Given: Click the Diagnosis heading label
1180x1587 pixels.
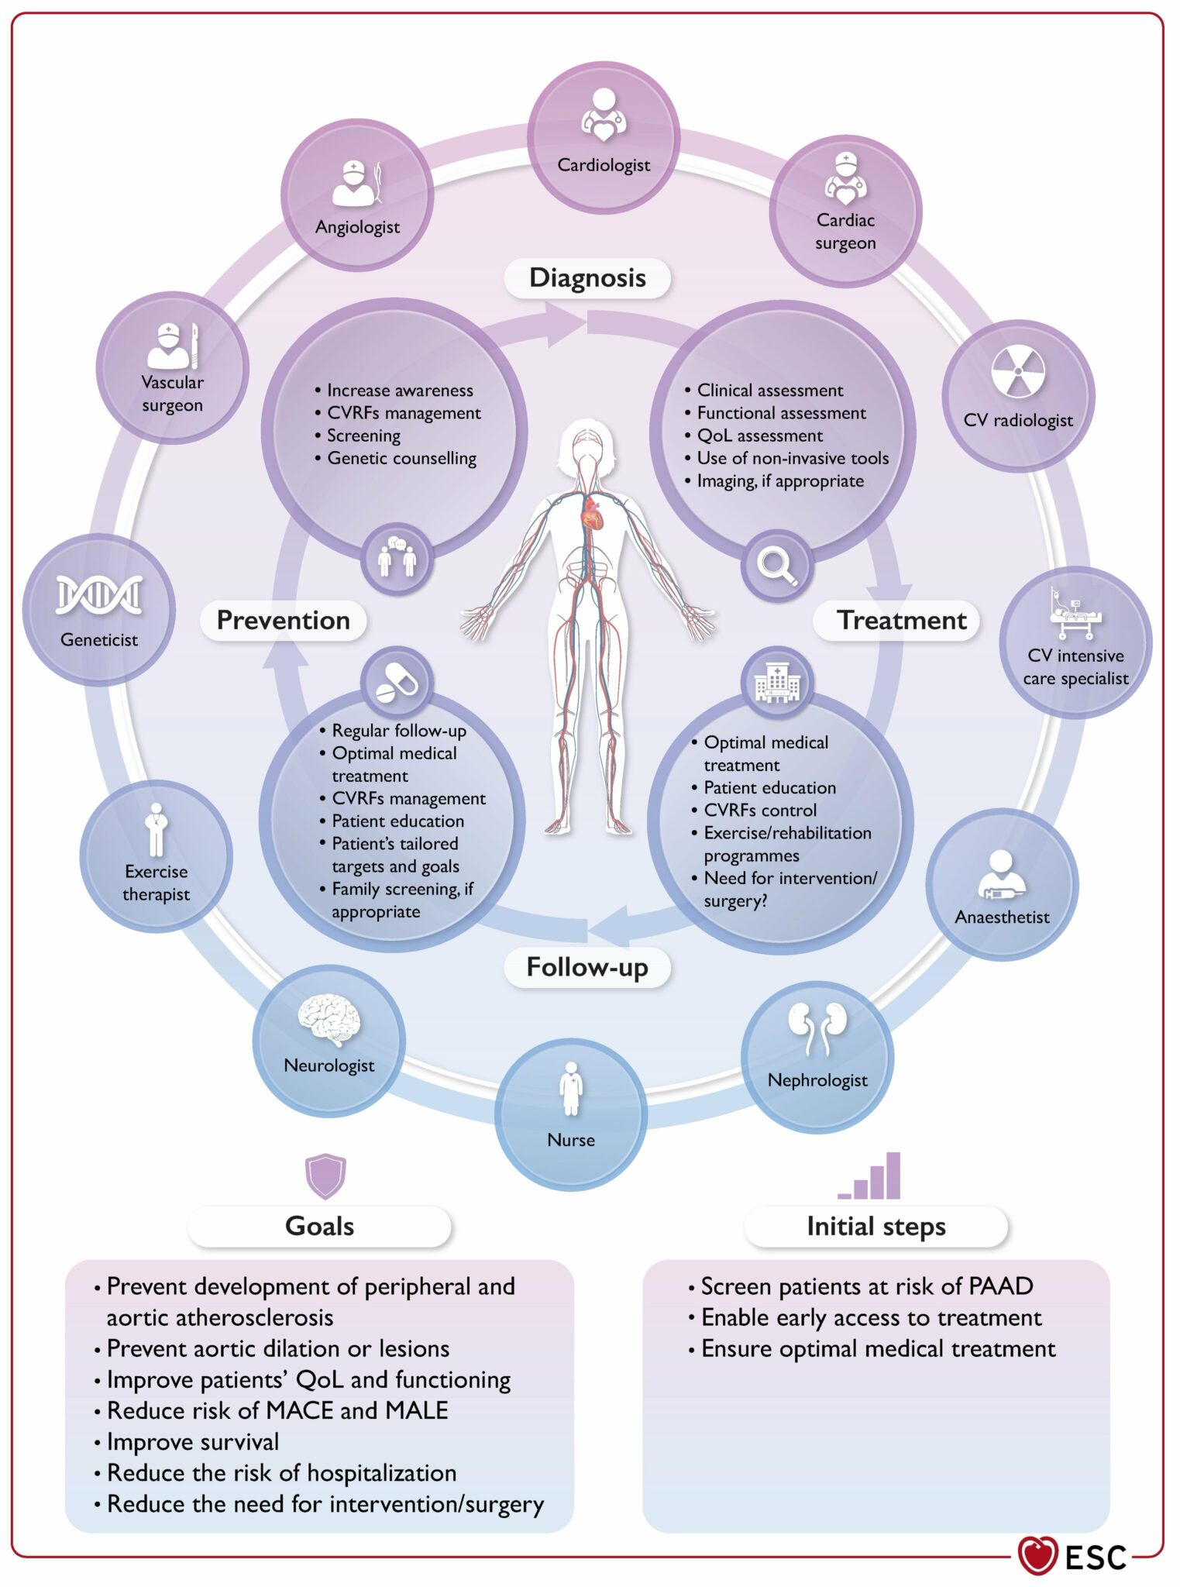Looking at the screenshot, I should click(587, 278).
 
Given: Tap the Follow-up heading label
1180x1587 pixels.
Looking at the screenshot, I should click(587, 967).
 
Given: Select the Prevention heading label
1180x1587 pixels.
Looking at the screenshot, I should click(283, 620).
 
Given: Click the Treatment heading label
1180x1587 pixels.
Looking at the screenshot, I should click(902, 620).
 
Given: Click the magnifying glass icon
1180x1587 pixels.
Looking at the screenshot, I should click(777, 566).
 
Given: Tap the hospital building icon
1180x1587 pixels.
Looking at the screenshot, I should click(777, 682).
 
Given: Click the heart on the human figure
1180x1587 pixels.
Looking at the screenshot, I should click(593, 512).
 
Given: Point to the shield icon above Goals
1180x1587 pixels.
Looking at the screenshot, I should click(325, 1176).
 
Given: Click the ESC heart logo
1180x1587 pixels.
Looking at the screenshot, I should click(1038, 1556).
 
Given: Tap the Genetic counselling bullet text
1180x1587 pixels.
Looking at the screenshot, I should click(401, 458).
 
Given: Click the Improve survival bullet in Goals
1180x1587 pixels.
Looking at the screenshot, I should click(192, 1441).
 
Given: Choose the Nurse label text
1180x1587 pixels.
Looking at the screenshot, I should click(571, 1140).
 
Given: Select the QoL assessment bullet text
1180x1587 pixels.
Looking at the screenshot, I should click(759, 435).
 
